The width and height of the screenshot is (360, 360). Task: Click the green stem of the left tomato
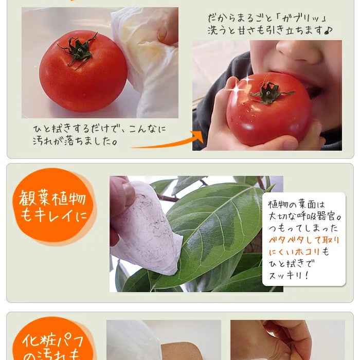(79, 50)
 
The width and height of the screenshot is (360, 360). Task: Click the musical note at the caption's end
(328, 31)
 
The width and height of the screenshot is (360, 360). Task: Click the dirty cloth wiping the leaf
(144, 226)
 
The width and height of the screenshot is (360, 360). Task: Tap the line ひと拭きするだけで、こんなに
(100, 128)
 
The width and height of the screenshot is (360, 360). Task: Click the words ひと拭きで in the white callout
(291, 263)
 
